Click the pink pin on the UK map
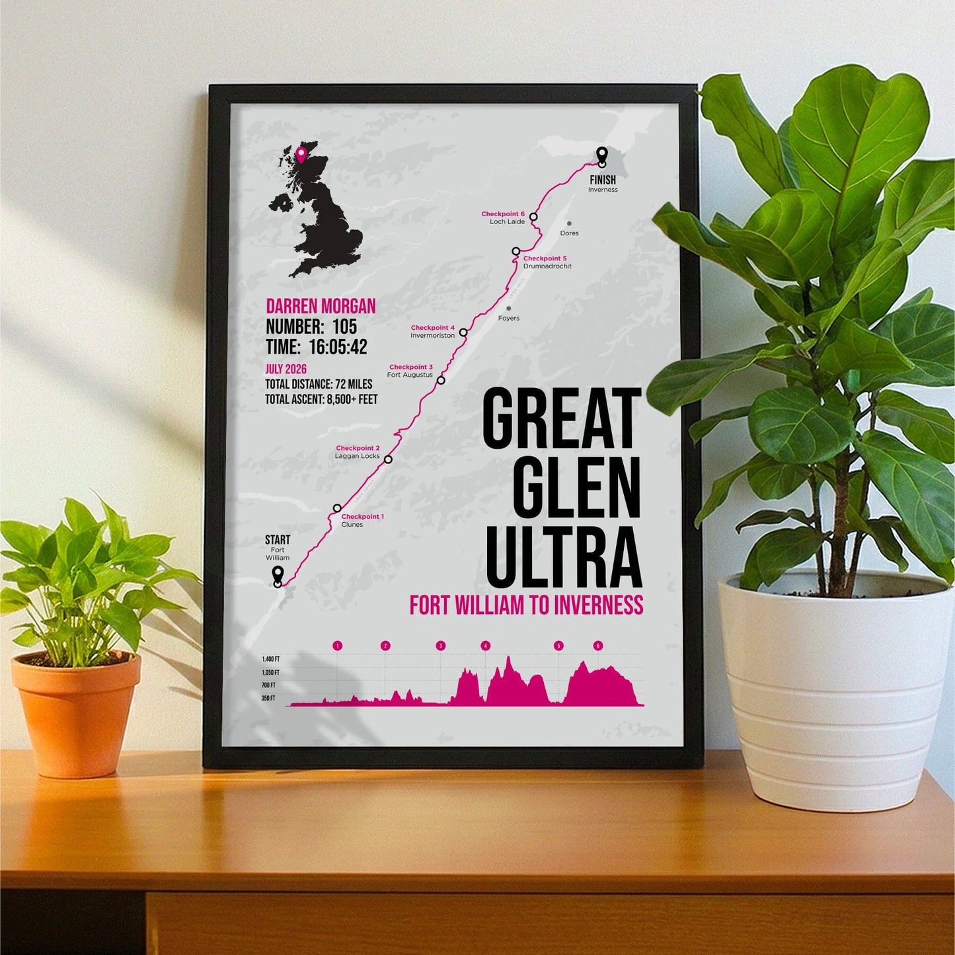[301, 154]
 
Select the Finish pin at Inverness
[601, 156]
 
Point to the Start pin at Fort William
[278, 574]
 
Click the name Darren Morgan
[321, 306]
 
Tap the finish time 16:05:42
[338, 347]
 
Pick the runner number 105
[344, 326]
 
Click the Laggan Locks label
[357, 456]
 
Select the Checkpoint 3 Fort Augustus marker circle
[441, 380]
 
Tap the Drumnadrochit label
[547, 266]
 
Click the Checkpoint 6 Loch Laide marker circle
[533, 217]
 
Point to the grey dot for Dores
[569, 224]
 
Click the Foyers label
[509, 319]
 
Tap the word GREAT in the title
[562, 419]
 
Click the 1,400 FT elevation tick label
[270, 660]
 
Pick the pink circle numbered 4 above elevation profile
[486, 646]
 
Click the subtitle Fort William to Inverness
[526, 605]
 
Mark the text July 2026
[286, 369]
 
